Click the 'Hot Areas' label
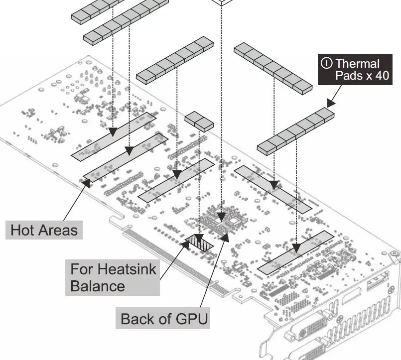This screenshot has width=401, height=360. pos(44,230)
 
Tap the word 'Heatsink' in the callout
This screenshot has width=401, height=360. pos(127,270)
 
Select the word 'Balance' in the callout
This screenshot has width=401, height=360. pos(98,286)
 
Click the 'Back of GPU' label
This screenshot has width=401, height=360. pos(164,319)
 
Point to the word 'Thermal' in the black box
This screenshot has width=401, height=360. pos(357,63)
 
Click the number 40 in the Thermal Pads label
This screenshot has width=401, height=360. pos(379,76)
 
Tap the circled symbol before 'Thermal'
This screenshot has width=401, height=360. pos(327,63)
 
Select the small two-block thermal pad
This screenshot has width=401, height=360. pos(199,121)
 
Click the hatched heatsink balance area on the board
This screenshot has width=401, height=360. pos(200,242)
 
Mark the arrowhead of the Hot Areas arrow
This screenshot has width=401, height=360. pos(87,182)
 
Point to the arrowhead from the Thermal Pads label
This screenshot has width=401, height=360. pos(330,103)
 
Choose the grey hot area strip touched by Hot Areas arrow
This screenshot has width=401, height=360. pos(125,155)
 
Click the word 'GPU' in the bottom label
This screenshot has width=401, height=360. pos(191,319)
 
